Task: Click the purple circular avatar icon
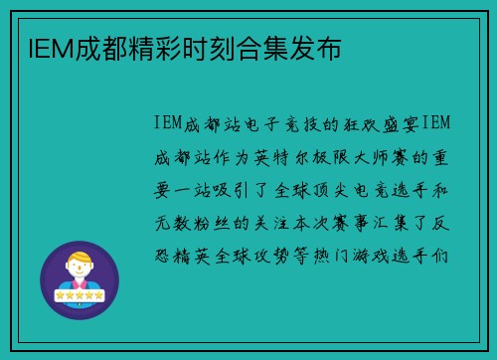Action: click(81, 279)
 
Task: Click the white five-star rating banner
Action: click(81, 296)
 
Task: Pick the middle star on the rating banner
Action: click(81, 296)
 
